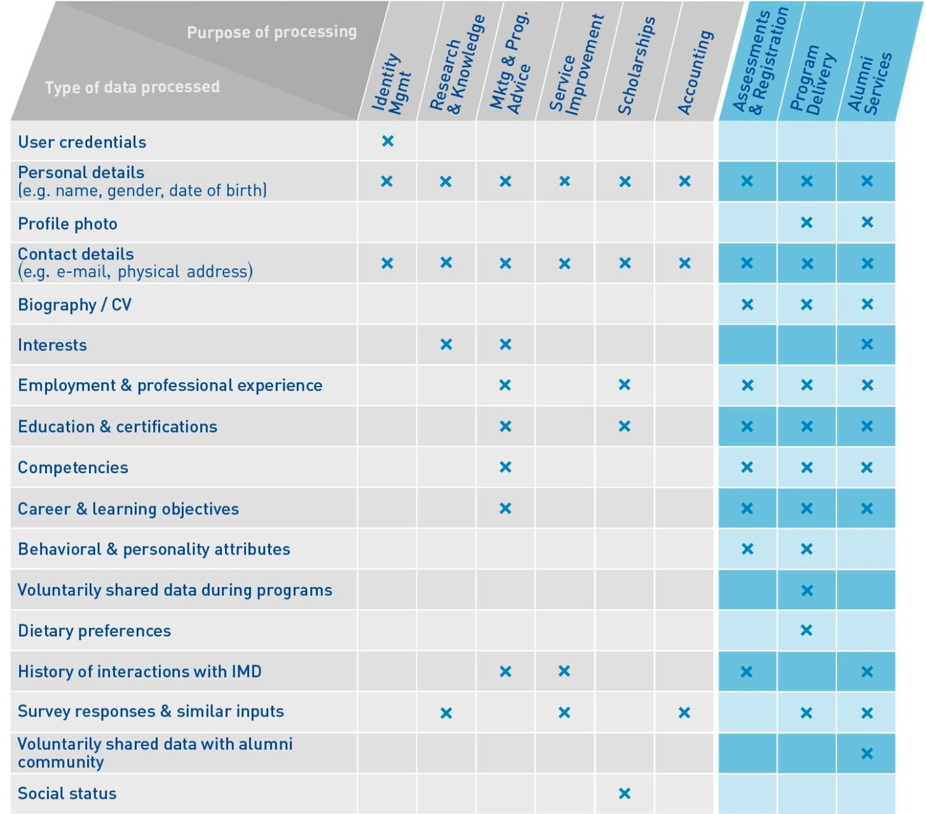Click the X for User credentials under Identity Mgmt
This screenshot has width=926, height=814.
(388, 141)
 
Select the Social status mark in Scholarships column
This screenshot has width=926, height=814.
(624, 793)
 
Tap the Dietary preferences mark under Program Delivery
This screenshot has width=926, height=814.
(807, 630)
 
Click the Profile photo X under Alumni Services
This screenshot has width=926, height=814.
(867, 223)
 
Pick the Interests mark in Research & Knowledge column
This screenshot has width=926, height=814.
(446, 345)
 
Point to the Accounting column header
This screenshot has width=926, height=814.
(695, 73)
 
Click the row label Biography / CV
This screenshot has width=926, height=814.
(75, 305)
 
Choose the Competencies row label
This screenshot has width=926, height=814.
(73, 467)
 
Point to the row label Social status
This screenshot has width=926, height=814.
(67, 793)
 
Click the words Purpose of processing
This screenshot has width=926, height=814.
(271, 32)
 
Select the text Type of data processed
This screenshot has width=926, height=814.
(132, 86)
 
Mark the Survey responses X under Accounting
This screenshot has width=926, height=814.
(684, 712)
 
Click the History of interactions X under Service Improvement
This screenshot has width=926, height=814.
(564, 671)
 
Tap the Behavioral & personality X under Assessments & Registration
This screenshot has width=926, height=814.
(747, 549)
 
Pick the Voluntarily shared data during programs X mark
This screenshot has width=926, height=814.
(807, 590)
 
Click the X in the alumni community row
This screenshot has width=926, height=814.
(867, 754)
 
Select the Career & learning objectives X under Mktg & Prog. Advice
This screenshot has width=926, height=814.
(505, 508)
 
